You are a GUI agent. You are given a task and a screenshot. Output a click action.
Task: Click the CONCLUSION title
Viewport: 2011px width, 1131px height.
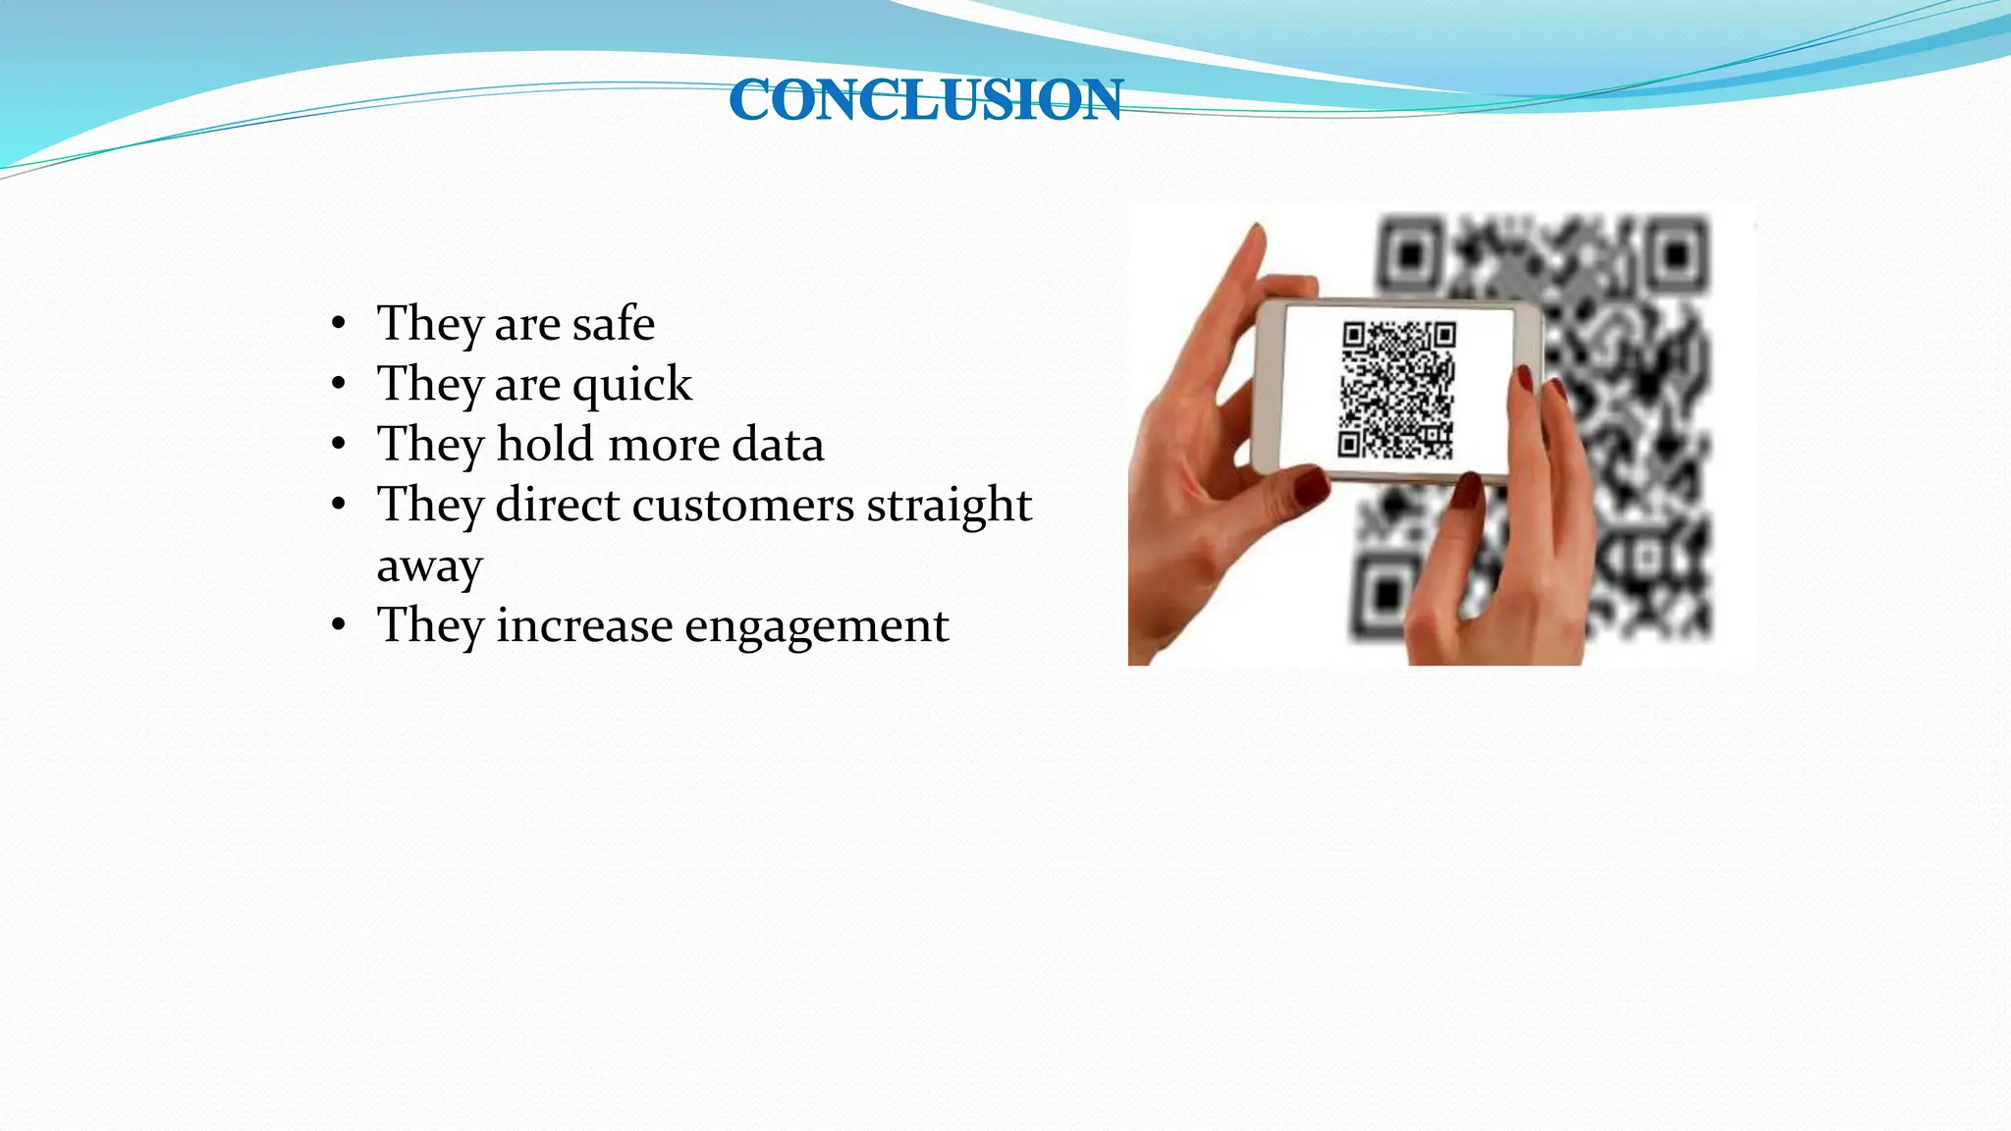(x=926, y=100)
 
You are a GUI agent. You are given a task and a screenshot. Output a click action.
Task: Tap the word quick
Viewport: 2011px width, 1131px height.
(x=632, y=385)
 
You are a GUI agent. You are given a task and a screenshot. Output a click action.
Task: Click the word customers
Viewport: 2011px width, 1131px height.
(x=743, y=506)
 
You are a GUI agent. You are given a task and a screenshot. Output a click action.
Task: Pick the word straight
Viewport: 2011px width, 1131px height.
(x=949, y=507)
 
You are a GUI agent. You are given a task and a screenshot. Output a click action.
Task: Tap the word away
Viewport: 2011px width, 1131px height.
(x=429, y=566)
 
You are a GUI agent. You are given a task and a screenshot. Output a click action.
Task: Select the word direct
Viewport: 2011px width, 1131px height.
(x=558, y=506)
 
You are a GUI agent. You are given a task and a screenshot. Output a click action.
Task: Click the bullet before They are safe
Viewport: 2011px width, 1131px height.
(x=339, y=324)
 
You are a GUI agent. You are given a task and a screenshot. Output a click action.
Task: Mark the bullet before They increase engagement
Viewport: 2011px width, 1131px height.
(x=339, y=625)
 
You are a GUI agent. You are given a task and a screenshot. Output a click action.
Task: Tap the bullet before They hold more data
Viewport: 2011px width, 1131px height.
(x=339, y=445)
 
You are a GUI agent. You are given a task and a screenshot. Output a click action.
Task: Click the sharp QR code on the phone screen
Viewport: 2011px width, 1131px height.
(x=1396, y=390)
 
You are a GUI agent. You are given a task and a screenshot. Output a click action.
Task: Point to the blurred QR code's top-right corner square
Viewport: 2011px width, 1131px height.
(x=1675, y=255)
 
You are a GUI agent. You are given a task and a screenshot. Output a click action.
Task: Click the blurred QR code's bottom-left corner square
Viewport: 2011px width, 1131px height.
(x=1386, y=593)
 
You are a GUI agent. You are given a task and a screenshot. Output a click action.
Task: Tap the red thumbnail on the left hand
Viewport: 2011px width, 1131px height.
(x=1310, y=486)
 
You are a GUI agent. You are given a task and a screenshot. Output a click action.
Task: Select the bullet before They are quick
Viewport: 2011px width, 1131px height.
(x=339, y=384)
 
